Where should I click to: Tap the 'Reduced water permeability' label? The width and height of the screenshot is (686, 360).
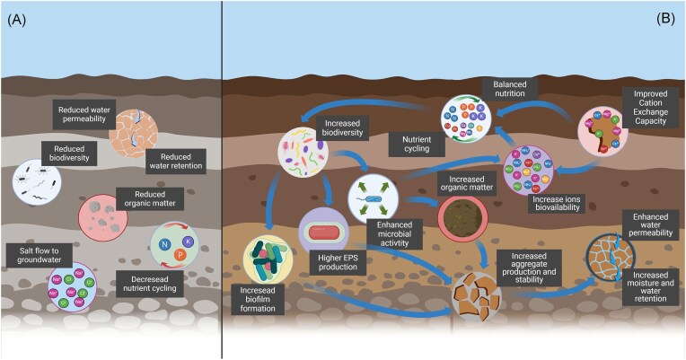(x=78, y=117)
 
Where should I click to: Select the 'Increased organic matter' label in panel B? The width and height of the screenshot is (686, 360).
(x=466, y=184)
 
